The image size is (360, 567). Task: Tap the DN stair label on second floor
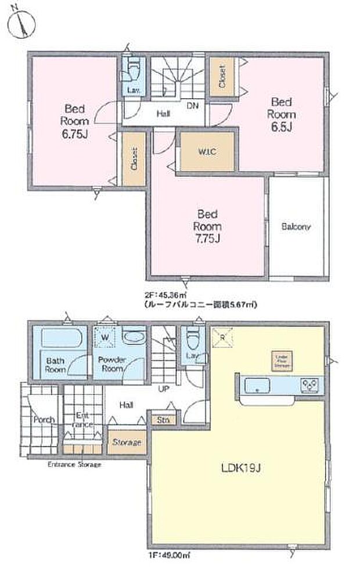tap(191, 106)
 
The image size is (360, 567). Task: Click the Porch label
tap(44, 419)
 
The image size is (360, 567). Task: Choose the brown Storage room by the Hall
tap(127, 442)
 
